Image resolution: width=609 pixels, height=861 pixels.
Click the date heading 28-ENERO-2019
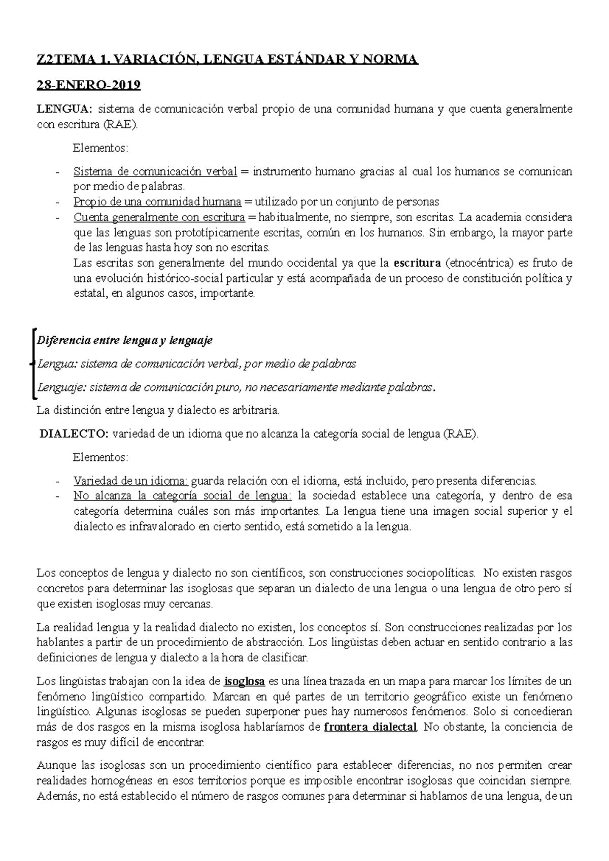click(88, 85)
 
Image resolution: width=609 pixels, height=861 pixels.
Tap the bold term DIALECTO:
click(74, 434)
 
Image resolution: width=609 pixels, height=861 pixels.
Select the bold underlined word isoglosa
click(245, 680)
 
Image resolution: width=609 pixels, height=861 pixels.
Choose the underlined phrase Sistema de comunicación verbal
click(155, 171)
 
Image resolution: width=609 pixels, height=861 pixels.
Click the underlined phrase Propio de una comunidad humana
click(157, 202)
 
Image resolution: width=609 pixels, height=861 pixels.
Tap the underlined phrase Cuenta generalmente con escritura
click(159, 218)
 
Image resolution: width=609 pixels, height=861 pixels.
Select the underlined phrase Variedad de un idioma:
click(131, 480)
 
